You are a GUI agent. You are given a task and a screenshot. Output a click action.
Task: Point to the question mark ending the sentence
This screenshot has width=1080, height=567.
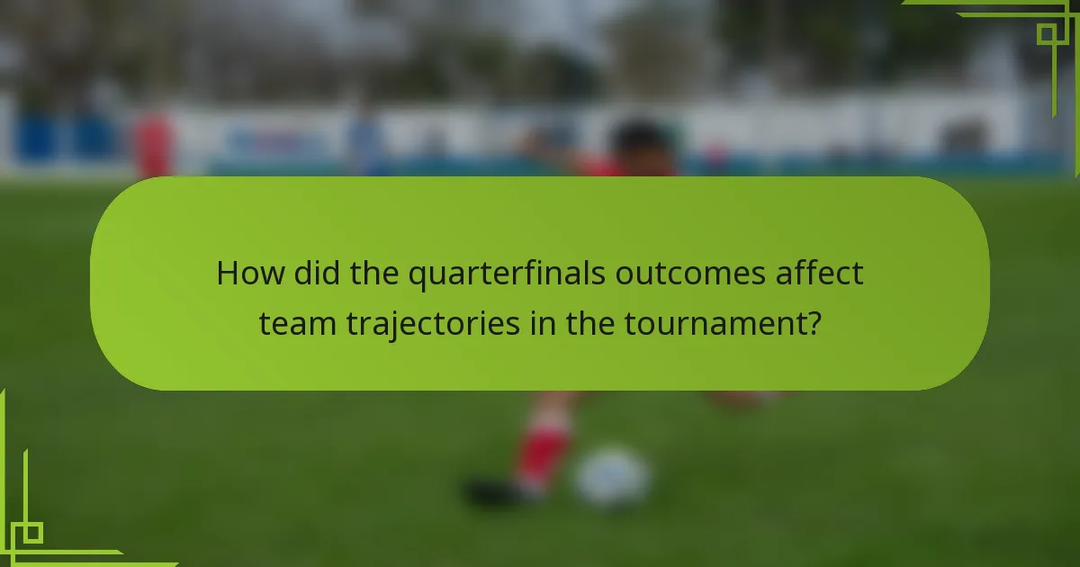[x=813, y=323]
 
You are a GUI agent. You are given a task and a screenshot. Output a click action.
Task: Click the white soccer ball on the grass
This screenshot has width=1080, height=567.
[x=612, y=477]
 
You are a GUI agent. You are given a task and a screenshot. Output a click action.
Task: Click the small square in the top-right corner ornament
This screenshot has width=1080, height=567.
[x=1047, y=34]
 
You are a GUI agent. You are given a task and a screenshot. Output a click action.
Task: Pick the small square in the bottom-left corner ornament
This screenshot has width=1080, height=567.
[x=32, y=533]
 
